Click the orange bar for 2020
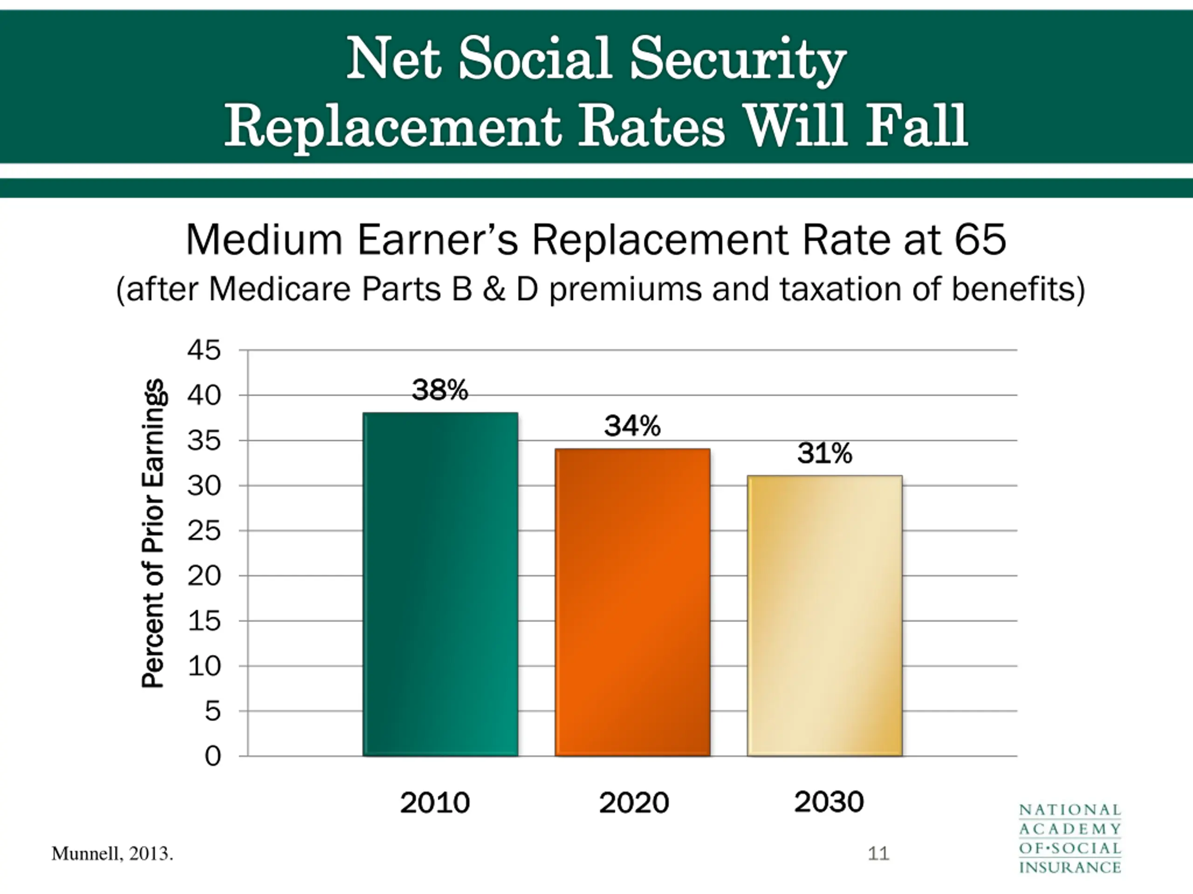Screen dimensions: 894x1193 (x=633, y=603)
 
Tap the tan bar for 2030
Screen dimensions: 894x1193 (x=825, y=616)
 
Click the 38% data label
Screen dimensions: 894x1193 (x=440, y=390)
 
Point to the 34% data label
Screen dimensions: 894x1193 (x=632, y=426)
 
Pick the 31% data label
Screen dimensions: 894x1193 (x=825, y=453)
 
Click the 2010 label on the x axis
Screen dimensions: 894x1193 (x=435, y=803)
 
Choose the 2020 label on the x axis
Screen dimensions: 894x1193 (x=634, y=803)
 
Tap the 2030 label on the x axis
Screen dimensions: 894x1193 (x=829, y=802)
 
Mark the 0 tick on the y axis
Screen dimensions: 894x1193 (x=213, y=757)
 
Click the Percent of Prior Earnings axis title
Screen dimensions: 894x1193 (x=153, y=533)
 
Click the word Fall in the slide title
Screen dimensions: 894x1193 (x=917, y=127)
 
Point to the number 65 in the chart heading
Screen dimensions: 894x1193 (x=980, y=240)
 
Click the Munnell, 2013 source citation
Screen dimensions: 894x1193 (x=112, y=854)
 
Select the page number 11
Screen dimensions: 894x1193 (x=878, y=853)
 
